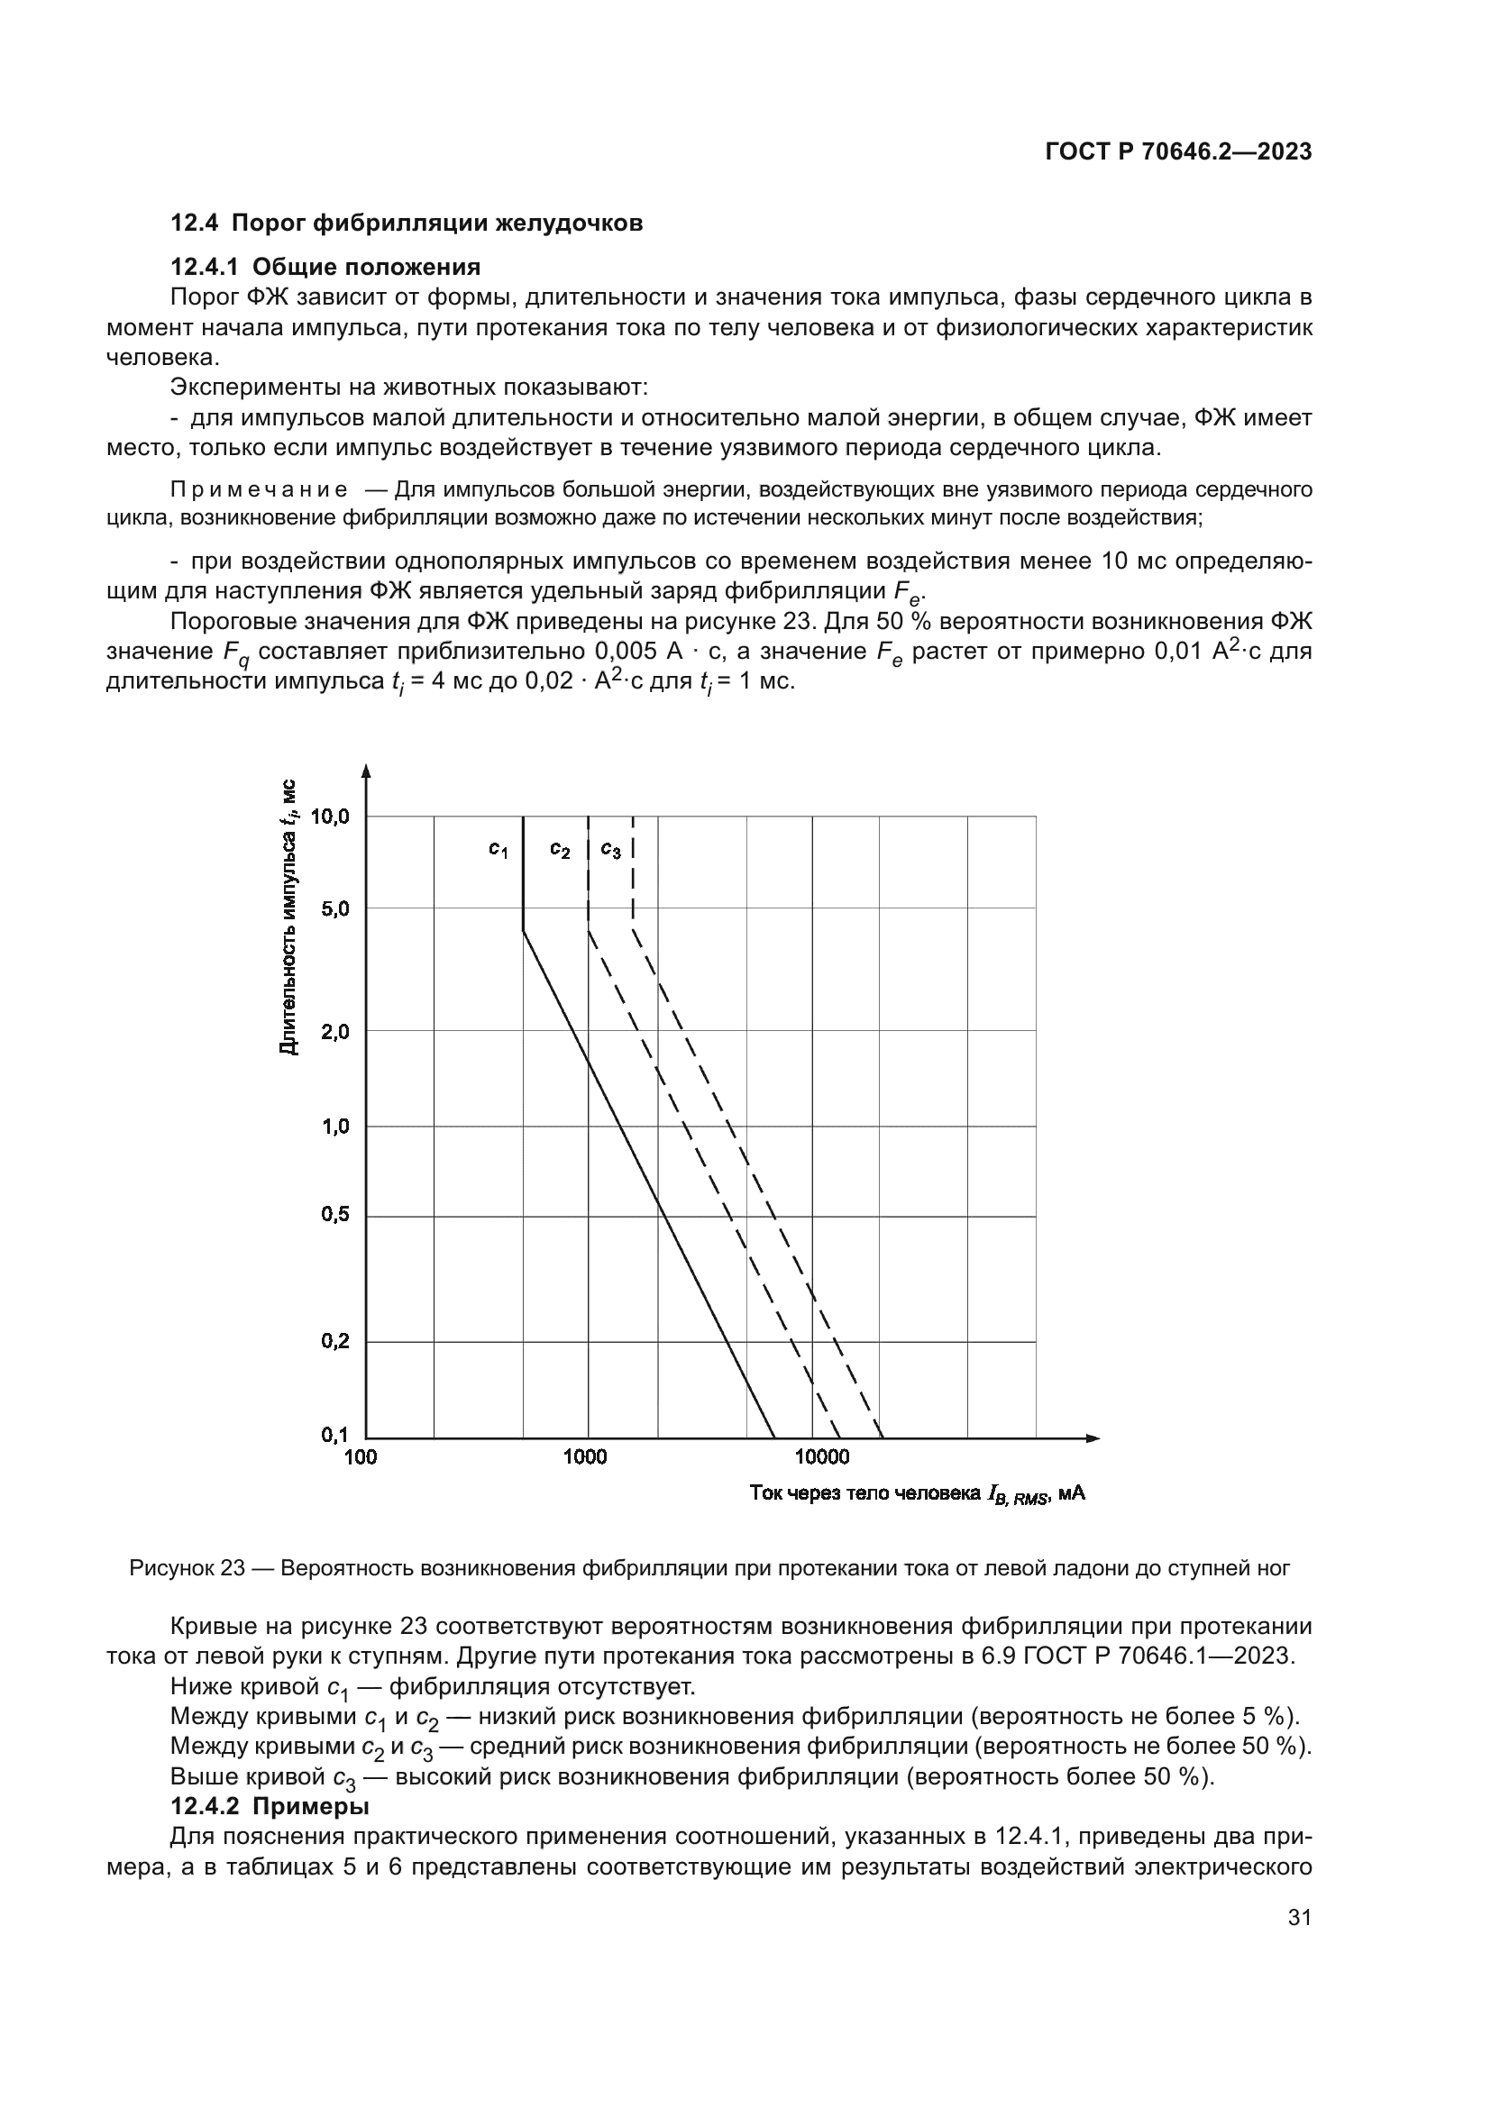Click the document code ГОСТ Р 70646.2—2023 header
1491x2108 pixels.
[1178, 152]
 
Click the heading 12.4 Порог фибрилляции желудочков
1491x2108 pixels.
[407, 224]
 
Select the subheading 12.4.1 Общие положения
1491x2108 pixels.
[325, 267]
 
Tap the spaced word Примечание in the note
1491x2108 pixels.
[259, 489]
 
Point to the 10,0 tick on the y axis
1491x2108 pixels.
[331, 816]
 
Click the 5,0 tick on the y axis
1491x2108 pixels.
[335, 909]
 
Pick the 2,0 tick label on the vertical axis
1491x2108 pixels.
[335, 1031]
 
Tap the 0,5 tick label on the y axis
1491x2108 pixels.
[335, 1215]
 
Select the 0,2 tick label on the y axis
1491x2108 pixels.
[335, 1341]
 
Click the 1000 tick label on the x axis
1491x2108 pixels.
[585, 1458]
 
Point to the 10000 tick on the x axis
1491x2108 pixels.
[822, 1458]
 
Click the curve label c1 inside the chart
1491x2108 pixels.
[498, 850]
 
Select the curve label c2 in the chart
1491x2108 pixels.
[560, 850]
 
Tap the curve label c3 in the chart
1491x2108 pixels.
[610, 850]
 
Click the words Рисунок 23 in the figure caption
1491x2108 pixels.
[187, 1568]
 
